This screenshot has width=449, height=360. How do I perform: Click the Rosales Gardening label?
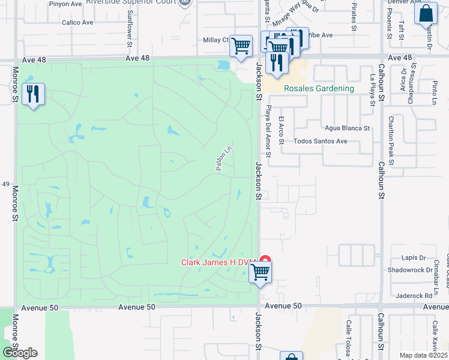click(319, 88)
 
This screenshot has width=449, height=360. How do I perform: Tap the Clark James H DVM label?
click(219, 262)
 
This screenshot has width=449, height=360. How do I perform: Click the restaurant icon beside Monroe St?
click(33, 94)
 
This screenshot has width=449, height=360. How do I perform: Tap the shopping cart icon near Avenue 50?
click(260, 272)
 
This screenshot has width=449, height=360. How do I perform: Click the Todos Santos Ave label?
click(321, 142)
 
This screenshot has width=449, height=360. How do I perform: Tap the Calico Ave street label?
click(77, 23)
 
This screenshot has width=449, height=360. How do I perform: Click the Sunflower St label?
click(129, 27)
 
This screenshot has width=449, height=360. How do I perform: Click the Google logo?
click(20, 352)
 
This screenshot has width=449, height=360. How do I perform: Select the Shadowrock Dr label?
click(410, 269)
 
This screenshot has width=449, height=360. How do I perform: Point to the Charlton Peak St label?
click(391, 140)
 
